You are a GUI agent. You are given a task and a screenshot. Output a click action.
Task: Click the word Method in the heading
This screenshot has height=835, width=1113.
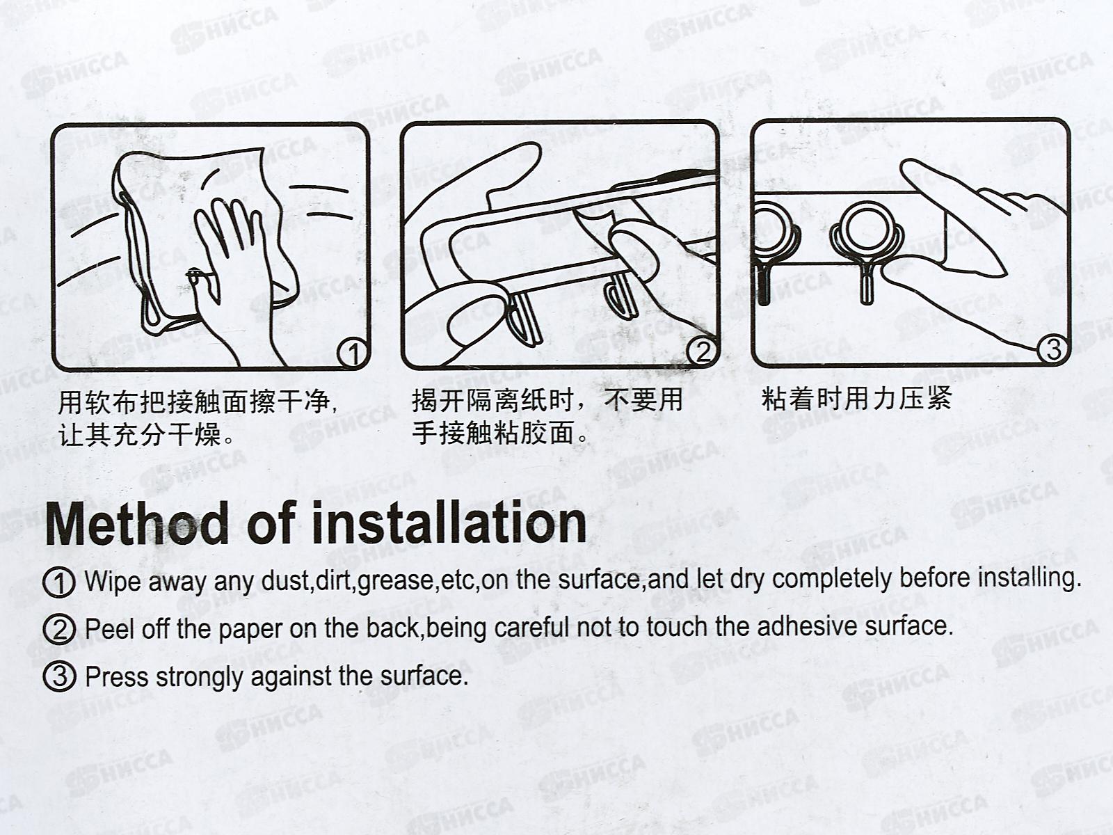click(137, 523)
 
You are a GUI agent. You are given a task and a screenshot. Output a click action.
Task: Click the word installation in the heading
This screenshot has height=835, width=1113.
click(449, 522)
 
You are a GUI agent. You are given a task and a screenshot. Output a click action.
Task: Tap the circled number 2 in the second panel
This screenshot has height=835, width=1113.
click(703, 351)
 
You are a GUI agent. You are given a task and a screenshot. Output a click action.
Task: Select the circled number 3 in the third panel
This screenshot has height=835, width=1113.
click(1053, 349)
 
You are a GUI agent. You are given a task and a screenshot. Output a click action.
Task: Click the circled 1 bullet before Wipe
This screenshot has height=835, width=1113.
click(59, 582)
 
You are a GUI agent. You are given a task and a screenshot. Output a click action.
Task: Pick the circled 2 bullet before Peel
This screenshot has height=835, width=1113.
click(59, 630)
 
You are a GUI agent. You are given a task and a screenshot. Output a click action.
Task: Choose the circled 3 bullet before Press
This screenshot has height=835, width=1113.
click(59, 676)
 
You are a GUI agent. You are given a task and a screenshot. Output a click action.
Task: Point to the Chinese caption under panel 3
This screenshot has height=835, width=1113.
click(856, 399)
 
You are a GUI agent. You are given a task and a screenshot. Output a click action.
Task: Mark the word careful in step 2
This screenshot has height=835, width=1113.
click(532, 628)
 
